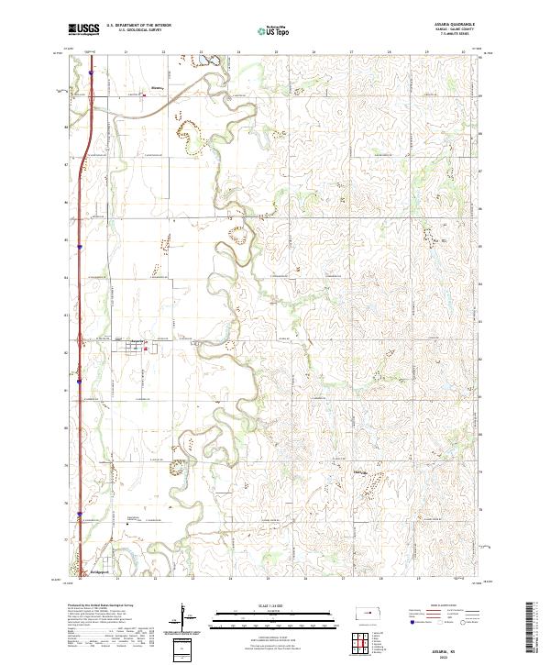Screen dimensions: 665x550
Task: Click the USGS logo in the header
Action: pos(83,29)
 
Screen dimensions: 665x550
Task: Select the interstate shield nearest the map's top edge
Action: pos(92,65)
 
